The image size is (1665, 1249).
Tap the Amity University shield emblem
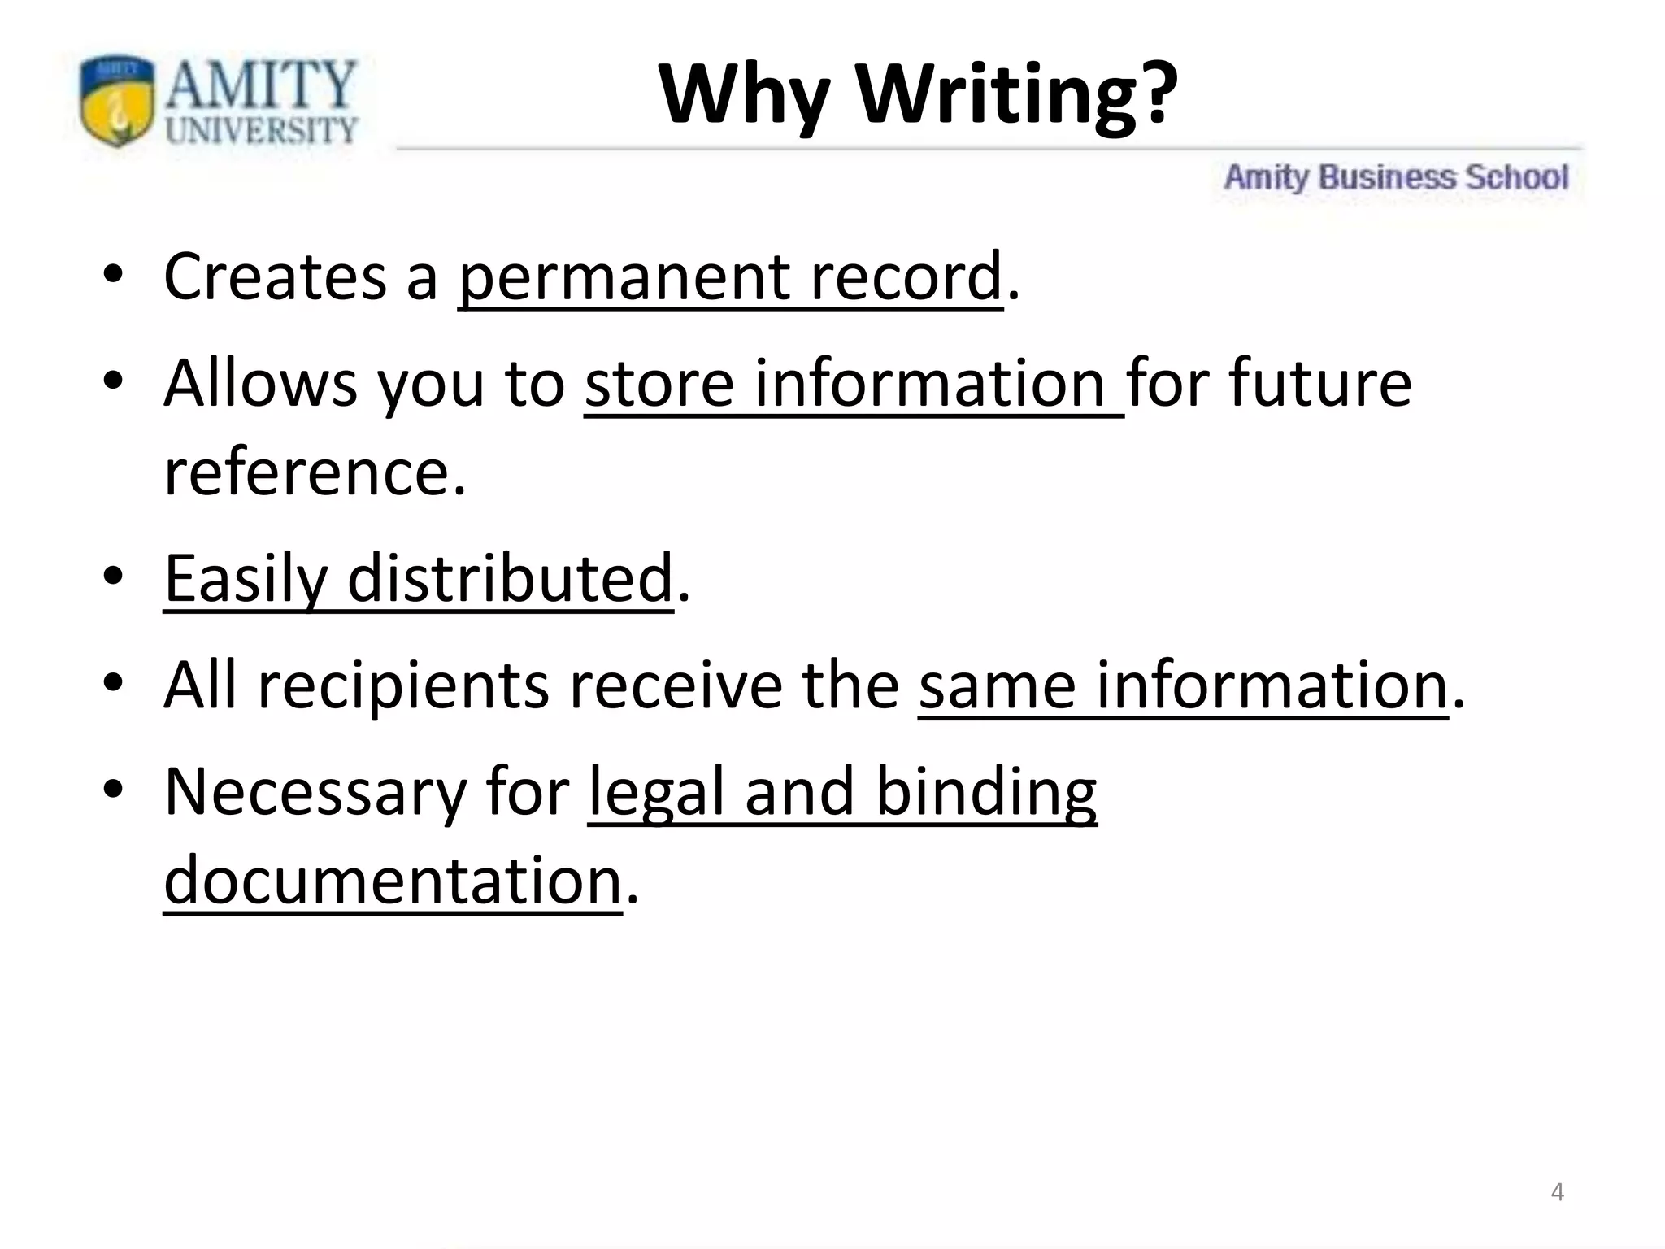117,101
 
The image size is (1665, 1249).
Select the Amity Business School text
1396,177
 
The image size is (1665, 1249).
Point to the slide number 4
1557,1192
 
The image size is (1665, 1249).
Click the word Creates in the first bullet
275,277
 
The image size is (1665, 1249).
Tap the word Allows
260,384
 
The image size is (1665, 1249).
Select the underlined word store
659,384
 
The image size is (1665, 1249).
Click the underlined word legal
656,794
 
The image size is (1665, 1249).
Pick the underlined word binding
986,794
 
